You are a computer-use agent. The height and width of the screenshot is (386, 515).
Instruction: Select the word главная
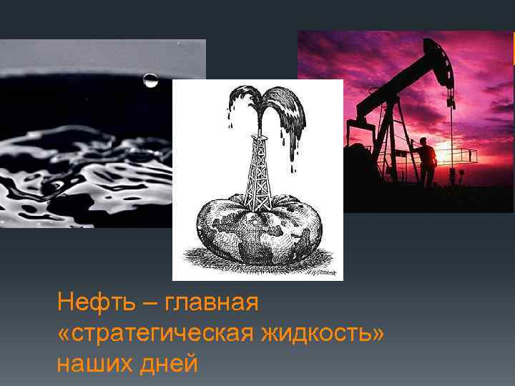click(211, 302)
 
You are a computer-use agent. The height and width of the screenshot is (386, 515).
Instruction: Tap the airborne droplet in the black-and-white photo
click(151, 79)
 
